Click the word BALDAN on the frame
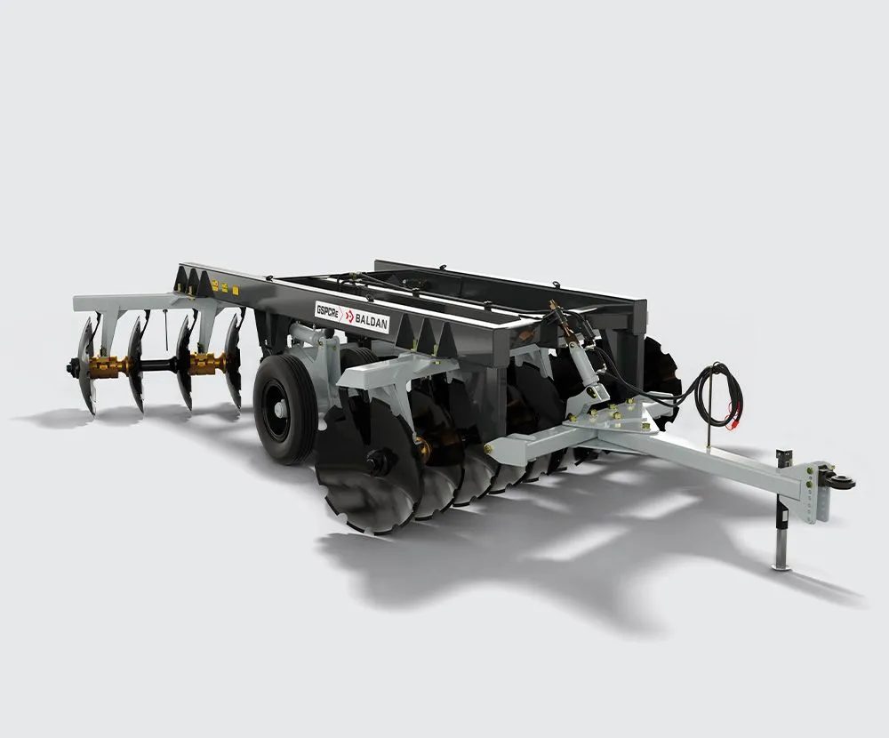point(372,322)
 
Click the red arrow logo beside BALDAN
point(349,316)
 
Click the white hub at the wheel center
point(279,407)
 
